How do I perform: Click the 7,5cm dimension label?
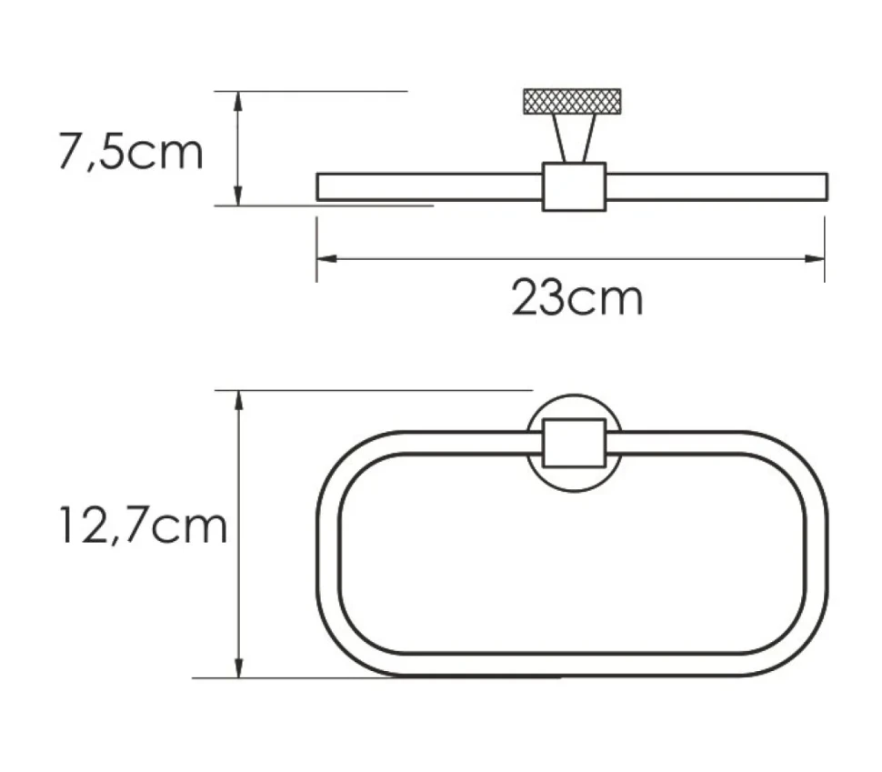pyautogui.click(x=131, y=151)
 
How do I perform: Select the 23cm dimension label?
pyautogui.click(x=577, y=297)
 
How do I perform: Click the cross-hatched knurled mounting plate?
pyautogui.click(x=572, y=101)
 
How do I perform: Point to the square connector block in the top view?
pyautogui.click(x=574, y=186)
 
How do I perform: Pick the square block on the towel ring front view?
pyautogui.click(x=575, y=443)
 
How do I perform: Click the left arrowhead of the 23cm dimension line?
pyautogui.click(x=326, y=259)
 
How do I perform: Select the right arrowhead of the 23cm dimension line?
pyautogui.click(x=815, y=259)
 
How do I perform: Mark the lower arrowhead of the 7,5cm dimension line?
pyautogui.click(x=238, y=196)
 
